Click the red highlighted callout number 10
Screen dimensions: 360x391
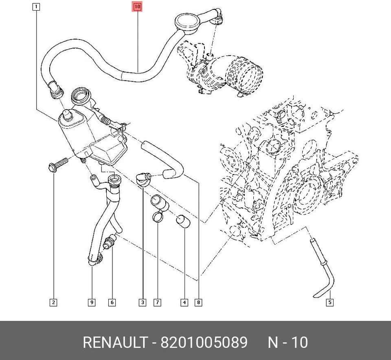coord(137,7)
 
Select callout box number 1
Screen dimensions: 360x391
coord(37,7)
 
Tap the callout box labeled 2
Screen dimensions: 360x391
coord(53,303)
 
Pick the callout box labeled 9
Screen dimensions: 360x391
coord(92,303)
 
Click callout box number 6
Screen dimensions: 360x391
coord(112,303)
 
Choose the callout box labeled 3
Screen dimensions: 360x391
coord(143,303)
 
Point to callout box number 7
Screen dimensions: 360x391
coord(157,303)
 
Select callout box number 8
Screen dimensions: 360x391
coord(198,303)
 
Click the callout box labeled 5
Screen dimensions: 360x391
coord(329,303)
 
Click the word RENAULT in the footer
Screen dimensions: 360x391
coord(115,342)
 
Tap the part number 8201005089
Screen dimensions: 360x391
coord(204,342)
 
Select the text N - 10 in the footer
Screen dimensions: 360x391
coord(288,342)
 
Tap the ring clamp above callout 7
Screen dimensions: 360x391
coord(158,217)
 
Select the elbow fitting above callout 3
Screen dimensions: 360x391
coord(143,179)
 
